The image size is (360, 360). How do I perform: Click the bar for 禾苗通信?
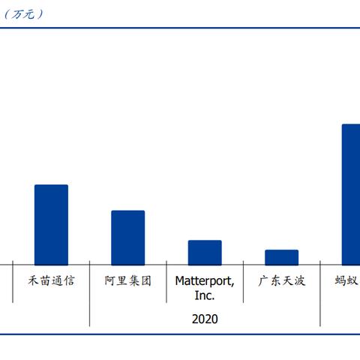[51, 224]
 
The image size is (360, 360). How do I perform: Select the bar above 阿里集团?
[127, 237]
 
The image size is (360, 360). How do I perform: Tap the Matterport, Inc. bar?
[205, 252]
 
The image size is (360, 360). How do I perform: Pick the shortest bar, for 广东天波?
[281, 256]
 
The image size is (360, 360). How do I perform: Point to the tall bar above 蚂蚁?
[350, 193]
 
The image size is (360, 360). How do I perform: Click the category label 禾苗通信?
[51, 281]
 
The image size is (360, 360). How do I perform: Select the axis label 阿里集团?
[128, 281]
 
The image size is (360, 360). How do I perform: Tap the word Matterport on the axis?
[205, 281]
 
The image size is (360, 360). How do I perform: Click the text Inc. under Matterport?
[205, 295]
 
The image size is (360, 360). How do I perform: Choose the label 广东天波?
[282, 281]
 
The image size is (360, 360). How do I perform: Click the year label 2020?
[205, 319]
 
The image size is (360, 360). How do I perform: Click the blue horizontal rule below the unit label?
[180, 28]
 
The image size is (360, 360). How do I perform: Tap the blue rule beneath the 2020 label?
[180, 334]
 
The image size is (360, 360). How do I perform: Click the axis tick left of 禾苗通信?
[13, 282]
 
